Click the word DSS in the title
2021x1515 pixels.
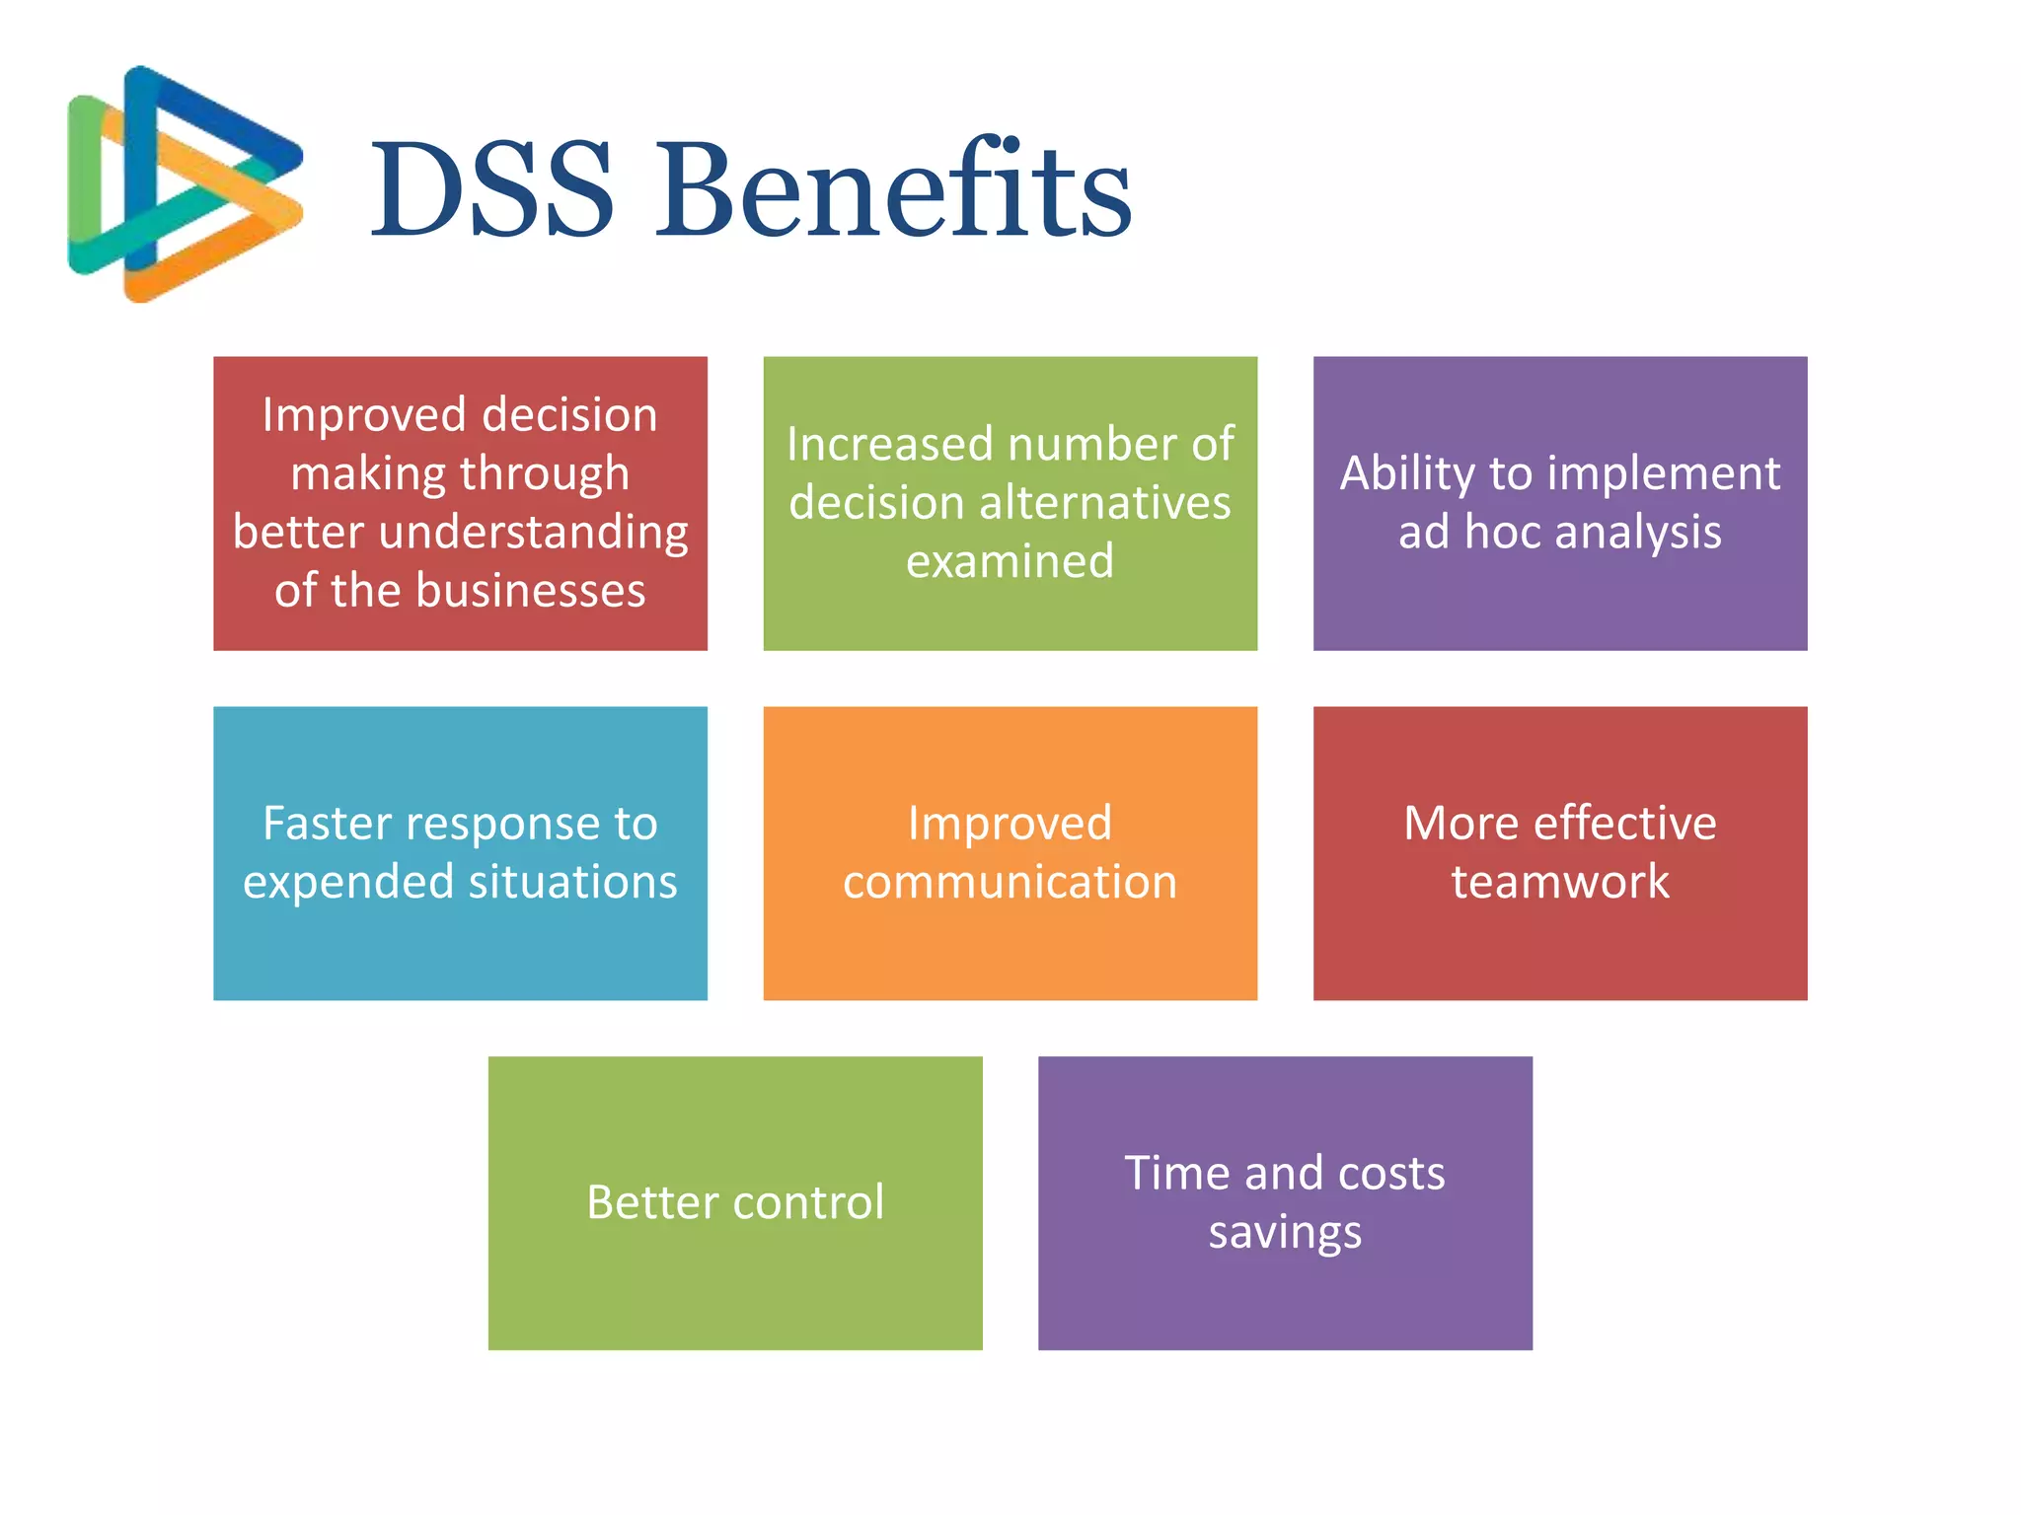(491, 189)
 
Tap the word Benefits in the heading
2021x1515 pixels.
(893, 189)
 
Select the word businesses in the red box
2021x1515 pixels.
(530, 591)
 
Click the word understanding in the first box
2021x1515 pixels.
(533, 533)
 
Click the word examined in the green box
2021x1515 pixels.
(1010, 561)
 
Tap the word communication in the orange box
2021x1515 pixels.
(1010, 882)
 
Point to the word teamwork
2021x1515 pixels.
(1560, 882)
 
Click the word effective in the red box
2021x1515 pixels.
(1624, 824)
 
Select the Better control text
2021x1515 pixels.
(735, 1202)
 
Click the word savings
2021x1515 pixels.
(1285, 1233)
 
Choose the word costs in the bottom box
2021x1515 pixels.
(1391, 1174)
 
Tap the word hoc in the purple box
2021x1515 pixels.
(1502, 533)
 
